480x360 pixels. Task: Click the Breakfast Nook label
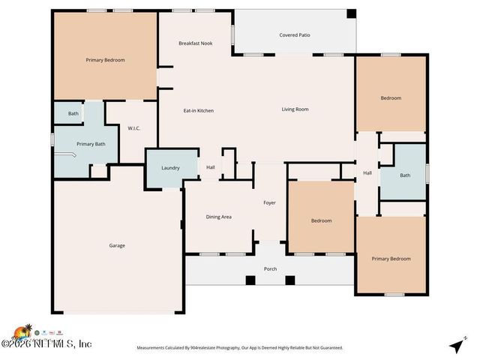(195, 43)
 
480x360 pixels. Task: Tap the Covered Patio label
(294, 35)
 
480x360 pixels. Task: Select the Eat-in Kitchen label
(199, 110)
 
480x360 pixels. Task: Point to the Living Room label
(295, 109)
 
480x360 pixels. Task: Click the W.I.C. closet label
(134, 128)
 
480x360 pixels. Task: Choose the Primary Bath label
(91, 144)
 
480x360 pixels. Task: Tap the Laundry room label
(170, 167)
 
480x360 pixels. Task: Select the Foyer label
(269, 202)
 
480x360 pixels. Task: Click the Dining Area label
(218, 217)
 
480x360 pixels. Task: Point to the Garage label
(117, 245)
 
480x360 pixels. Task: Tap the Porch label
(270, 268)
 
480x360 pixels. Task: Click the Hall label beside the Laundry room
(211, 167)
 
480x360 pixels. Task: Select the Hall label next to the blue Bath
(367, 173)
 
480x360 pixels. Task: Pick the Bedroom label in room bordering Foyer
(321, 220)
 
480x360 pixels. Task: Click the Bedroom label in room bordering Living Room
(391, 98)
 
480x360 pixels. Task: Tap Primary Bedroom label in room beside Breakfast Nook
(105, 60)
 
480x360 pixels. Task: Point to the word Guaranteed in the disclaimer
(327, 348)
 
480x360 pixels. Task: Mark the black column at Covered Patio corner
(350, 13)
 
